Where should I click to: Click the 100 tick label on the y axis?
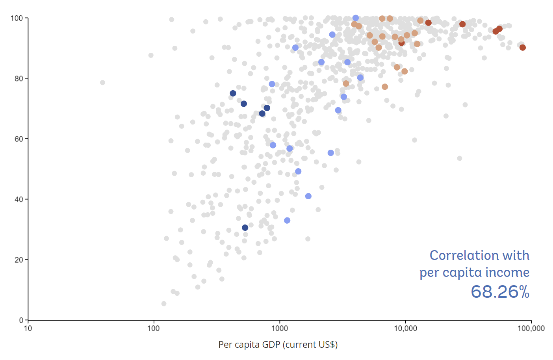pyautogui.click(x=17, y=18)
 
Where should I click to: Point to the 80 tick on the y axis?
pyautogui.click(x=19, y=78)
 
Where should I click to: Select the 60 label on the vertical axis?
pyautogui.click(x=19, y=139)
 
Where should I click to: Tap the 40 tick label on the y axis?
pyautogui.click(x=19, y=199)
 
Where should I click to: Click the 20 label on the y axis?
pyautogui.click(x=19, y=260)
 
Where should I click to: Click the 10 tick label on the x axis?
pyautogui.click(x=28, y=328)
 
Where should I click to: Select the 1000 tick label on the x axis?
pyautogui.click(x=280, y=328)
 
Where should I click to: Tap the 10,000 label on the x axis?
pyautogui.click(x=405, y=328)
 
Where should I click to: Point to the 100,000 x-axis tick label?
pyautogui.click(x=531, y=328)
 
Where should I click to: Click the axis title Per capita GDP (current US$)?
pyautogui.click(x=278, y=345)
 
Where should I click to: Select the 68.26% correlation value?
pyautogui.click(x=500, y=292)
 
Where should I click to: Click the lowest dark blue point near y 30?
pyautogui.click(x=245, y=228)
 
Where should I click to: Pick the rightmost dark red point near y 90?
pyautogui.click(x=523, y=48)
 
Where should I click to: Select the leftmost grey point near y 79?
pyautogui.click(x=102, y=83)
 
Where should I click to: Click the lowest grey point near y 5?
pyautogui.click(x=164, y=304)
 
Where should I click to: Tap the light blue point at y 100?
pyautogui.click(x=356, y=18)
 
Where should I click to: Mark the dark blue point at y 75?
pyautogui.click(x=233, y=93)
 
